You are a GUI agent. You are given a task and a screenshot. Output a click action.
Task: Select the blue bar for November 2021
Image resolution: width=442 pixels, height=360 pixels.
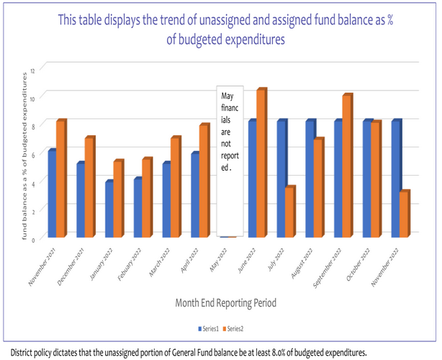click(x=52, y=194)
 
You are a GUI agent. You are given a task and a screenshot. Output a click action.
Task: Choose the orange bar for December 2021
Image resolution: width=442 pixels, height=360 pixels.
click(x=89, y=187)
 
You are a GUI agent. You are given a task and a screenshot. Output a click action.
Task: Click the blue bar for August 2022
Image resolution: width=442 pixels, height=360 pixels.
click(x=310, y=179)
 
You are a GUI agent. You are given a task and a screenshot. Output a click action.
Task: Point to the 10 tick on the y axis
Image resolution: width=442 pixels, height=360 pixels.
click(x=42, y=96)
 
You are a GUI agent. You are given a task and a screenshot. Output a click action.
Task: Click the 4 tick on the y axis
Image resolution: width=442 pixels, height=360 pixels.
click(x=43, y=181)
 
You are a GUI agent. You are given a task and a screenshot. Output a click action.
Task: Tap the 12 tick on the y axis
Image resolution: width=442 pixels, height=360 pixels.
click(x=42, y=67)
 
